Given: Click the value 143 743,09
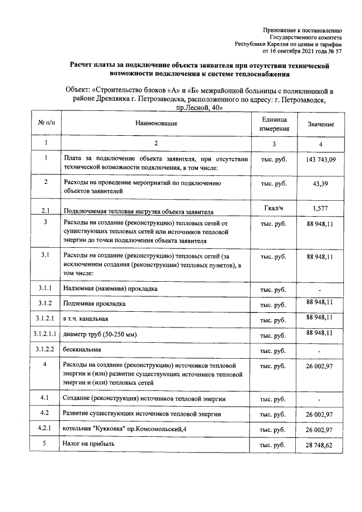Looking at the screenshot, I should click(321, 160).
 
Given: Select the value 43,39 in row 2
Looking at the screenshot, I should click(321, 184).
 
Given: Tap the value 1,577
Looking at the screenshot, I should click(321, 209).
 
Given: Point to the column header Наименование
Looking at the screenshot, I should click(157, 123).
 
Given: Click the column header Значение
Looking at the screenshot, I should click(321, 124).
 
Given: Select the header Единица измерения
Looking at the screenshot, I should click(274, 124).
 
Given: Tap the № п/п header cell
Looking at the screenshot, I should click(46, 123).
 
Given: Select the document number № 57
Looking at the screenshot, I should click(335, 51).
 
